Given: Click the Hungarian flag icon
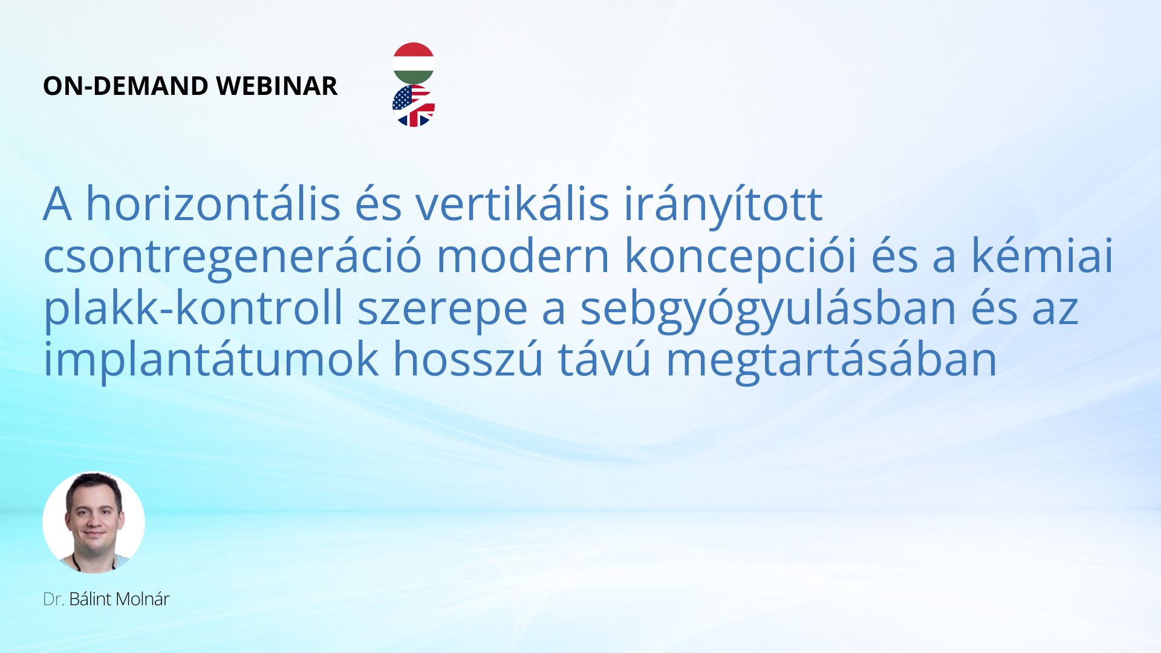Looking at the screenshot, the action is pyautogui.click(x=414, y=63).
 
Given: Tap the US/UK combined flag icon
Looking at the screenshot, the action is pyautogui.click(x=414, y=106).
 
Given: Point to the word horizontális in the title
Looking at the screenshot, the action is pyautogui.click(x=213, y=204).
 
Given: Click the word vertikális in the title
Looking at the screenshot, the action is pyautogui.click(x=512, y=204).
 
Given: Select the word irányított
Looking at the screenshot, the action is pyautogui.click(x=723, y=206).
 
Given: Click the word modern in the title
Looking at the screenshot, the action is pyautogui.click(x=523, y=256).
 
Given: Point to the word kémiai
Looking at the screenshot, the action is pyautogui.click(x=1042, y=256).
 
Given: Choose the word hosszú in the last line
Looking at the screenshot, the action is pyautogui.click(x=468, y=360).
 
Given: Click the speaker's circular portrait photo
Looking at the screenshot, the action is pyautogui.click(x=94, y=522).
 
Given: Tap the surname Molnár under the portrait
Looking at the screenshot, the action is pyautogui.click(x=143, y=599).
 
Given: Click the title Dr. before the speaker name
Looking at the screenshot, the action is pyautogui.click(x=54, y=599).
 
